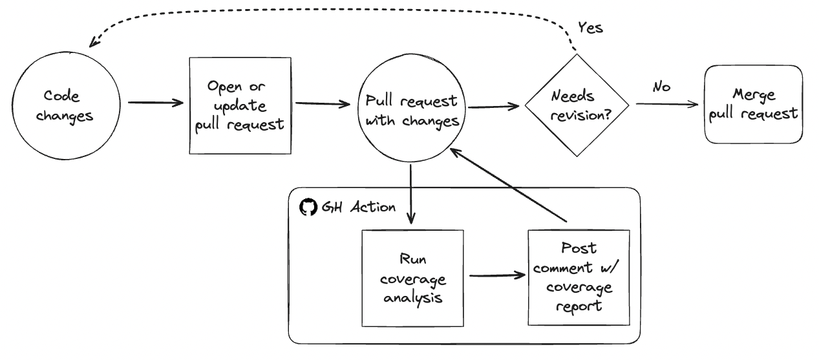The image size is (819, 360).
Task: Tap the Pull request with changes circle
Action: coord(411,111)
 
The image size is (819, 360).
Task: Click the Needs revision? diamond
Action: coord(577,105)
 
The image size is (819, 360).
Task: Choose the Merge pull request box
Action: coord(753,105)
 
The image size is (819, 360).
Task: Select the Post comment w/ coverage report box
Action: coord(579,277)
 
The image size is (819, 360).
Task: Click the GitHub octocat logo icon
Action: coord(308,207)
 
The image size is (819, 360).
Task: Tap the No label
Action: coord(661,87)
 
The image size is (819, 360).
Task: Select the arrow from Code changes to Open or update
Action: coord(156,102)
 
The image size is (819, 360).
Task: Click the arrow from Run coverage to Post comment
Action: coord(496,276)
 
